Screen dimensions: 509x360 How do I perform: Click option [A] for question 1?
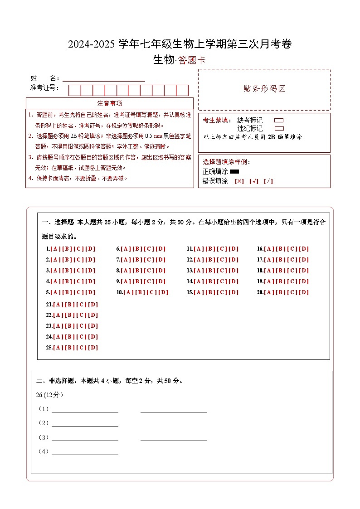tap(55, 249)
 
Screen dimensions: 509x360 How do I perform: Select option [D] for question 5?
tap(91, 292)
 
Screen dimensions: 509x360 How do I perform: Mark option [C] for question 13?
tap(222, 271)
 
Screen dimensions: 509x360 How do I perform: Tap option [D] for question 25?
tap(93, 348)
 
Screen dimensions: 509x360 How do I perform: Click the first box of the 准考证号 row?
tap(74, 90)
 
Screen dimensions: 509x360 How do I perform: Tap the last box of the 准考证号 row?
tap(182, 90)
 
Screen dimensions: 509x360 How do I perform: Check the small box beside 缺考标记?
tap(279, 121)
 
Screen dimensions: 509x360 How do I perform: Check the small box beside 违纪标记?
tap(279, 128)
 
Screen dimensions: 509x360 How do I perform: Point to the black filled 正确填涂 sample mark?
tap(234, 172)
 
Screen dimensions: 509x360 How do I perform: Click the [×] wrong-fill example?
tap(239, 181)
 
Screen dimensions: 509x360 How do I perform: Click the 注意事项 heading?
tap(109, 103)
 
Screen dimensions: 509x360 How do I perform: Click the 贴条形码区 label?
tap(264, 89)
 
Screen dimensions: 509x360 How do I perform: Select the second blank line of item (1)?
tap(174, 409)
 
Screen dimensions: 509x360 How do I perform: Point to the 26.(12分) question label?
tap(49, 395)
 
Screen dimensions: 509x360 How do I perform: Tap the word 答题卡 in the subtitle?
tap(192, 60)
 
